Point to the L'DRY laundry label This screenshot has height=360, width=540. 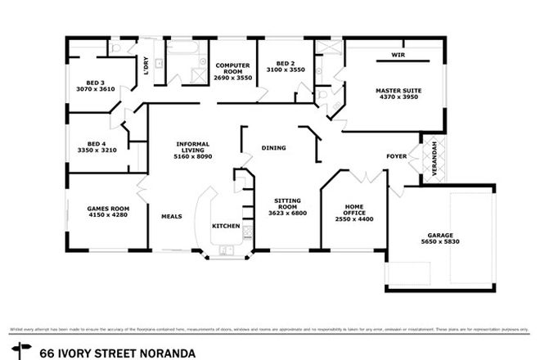point(146,65)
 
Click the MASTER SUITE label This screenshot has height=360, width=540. point(397,90)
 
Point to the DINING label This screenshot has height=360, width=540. point(273,148)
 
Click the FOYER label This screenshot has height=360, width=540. point(397,155)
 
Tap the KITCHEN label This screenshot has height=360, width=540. point(225,225)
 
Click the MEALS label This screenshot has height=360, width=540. point(170,216)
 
